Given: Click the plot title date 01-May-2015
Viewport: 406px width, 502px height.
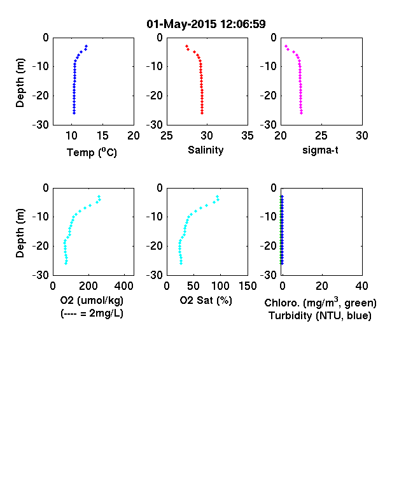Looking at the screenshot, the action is (181, 24).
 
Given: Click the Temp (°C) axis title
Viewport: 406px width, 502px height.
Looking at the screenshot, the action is (92, 152).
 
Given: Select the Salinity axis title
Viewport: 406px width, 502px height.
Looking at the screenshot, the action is (206, 150).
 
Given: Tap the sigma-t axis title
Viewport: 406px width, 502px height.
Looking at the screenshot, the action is (320, 150).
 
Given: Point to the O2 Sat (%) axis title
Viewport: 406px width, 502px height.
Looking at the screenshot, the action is (206, 300).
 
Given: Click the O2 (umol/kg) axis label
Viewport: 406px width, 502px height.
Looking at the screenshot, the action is (92, 301).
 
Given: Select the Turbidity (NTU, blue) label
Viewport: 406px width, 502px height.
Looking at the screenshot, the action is (320, 316).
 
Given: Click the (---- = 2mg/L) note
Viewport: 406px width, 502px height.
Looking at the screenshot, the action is (92, 313).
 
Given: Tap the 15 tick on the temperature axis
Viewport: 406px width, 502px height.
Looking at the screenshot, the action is (102, 136).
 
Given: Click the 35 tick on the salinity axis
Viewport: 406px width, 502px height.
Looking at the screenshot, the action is (248, 136).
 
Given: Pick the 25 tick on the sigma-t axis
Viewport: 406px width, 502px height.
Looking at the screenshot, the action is (321, 136).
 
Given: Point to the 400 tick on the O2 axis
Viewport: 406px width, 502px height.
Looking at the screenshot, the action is (124, 286).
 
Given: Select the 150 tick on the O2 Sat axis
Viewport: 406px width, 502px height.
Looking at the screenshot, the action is (248, 286).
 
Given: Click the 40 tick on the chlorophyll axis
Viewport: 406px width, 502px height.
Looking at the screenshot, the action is (361, 286).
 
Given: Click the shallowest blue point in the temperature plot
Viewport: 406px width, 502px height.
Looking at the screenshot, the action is (87, 46).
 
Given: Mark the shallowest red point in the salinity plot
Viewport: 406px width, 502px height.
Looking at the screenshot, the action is (186, 46).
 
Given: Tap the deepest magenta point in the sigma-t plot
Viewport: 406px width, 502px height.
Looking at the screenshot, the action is (302, 113).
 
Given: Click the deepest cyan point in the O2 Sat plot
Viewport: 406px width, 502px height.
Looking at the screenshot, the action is (181, 263).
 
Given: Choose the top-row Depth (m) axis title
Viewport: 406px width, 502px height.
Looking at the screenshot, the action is (20, 83).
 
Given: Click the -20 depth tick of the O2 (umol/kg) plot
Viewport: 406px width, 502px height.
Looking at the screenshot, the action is (41, 246).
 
